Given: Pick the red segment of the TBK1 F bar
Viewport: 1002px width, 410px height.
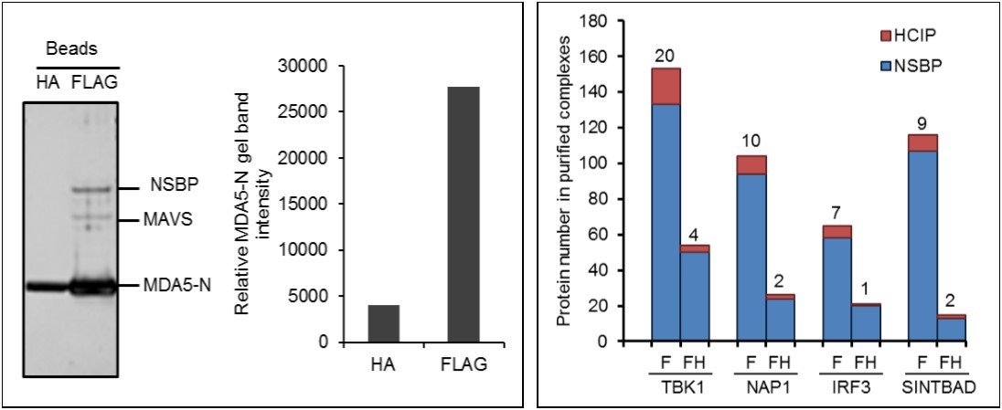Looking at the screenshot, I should pyautogui.click(x=665, y=86).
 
